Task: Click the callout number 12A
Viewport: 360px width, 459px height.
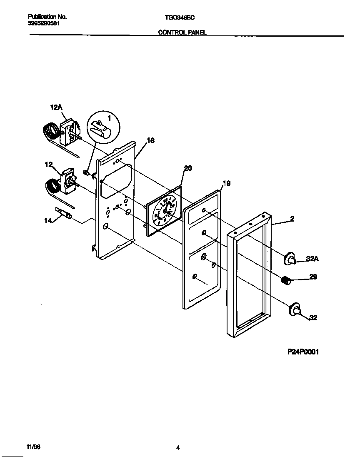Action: point(56,107)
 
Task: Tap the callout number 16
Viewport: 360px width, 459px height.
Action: point(150,141)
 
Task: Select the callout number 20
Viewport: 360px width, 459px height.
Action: point(187,168)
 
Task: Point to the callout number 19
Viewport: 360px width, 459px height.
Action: point(226,183)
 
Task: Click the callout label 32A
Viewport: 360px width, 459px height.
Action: point(312,259)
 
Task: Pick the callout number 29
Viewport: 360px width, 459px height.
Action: point(312,277)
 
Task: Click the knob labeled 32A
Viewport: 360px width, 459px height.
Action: point(290,259)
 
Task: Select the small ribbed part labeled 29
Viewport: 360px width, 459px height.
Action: point(285,281)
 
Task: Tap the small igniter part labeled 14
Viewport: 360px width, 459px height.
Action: point(64,213)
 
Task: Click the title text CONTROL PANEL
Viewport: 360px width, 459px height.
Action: point(182,32)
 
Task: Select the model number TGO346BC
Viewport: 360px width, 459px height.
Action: point(180,17)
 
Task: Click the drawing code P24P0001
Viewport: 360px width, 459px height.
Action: point(303,352)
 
